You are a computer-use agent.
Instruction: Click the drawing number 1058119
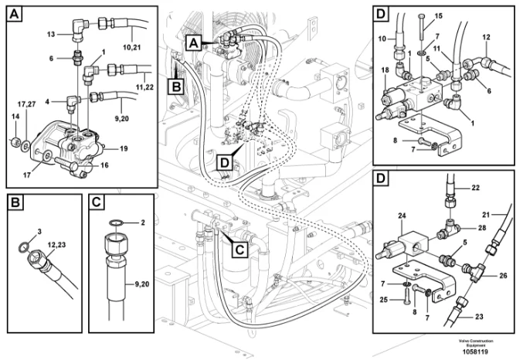476,352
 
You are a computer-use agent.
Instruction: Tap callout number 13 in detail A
51,34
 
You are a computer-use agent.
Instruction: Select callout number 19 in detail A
124,148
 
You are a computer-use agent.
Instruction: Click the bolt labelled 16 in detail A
66,164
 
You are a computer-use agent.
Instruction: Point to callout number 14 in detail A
15,117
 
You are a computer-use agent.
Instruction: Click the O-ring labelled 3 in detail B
23,247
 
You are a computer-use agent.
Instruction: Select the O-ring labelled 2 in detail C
115,222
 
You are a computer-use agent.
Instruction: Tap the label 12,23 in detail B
56,245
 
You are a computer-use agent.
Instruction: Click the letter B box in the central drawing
176,87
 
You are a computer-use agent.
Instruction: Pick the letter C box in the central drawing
239,250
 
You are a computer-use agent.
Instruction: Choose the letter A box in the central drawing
194,43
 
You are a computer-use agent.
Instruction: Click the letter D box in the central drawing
225,162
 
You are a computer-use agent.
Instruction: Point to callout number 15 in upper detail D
438,16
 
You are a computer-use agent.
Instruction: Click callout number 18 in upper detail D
385,70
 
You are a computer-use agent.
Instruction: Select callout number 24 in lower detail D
402,216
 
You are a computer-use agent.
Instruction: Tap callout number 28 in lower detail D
482,228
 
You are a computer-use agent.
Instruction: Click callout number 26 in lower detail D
503,275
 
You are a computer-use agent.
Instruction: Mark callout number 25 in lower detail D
384,300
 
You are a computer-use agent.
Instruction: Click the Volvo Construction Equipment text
476,343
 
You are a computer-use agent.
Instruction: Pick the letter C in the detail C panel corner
97,202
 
